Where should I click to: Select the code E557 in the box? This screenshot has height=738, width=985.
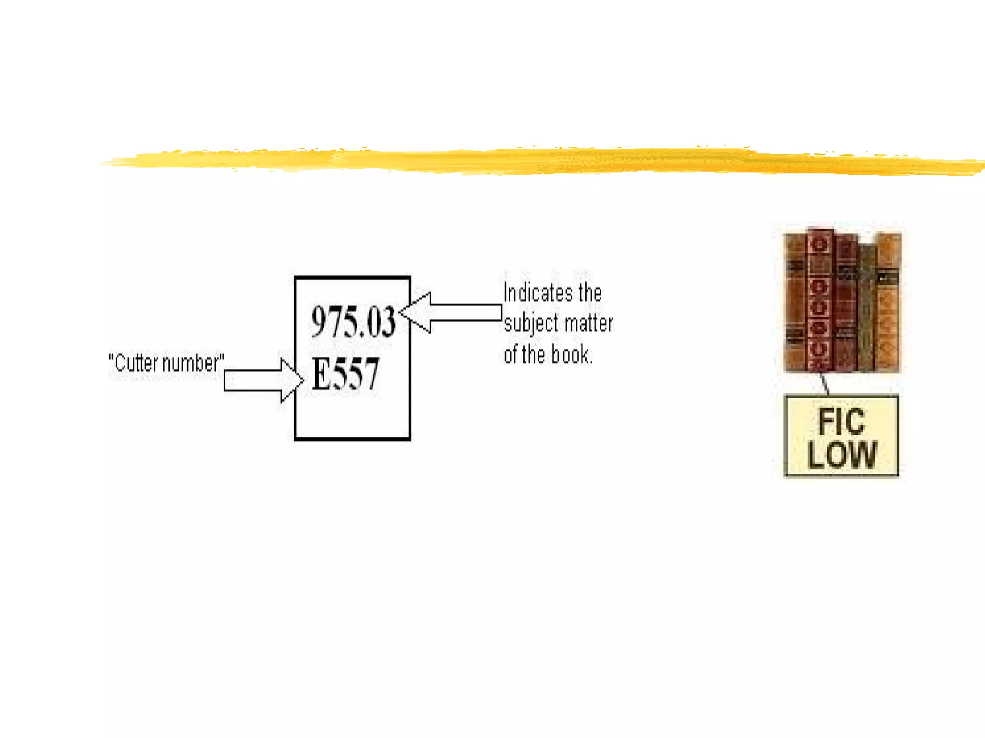click(345, 374)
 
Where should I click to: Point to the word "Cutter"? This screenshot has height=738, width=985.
click(137, 363)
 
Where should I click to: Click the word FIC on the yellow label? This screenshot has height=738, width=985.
click(841, 422)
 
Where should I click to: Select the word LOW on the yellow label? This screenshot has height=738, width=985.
click(842, 454)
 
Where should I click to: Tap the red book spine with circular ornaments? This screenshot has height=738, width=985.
click(820, 300)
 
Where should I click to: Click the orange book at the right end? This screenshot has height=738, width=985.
click(889, 303)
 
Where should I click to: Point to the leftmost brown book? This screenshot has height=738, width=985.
click(796, 303)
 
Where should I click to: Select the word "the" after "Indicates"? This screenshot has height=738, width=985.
click(590, 293)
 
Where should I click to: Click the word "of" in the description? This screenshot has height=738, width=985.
click(511, 355)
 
